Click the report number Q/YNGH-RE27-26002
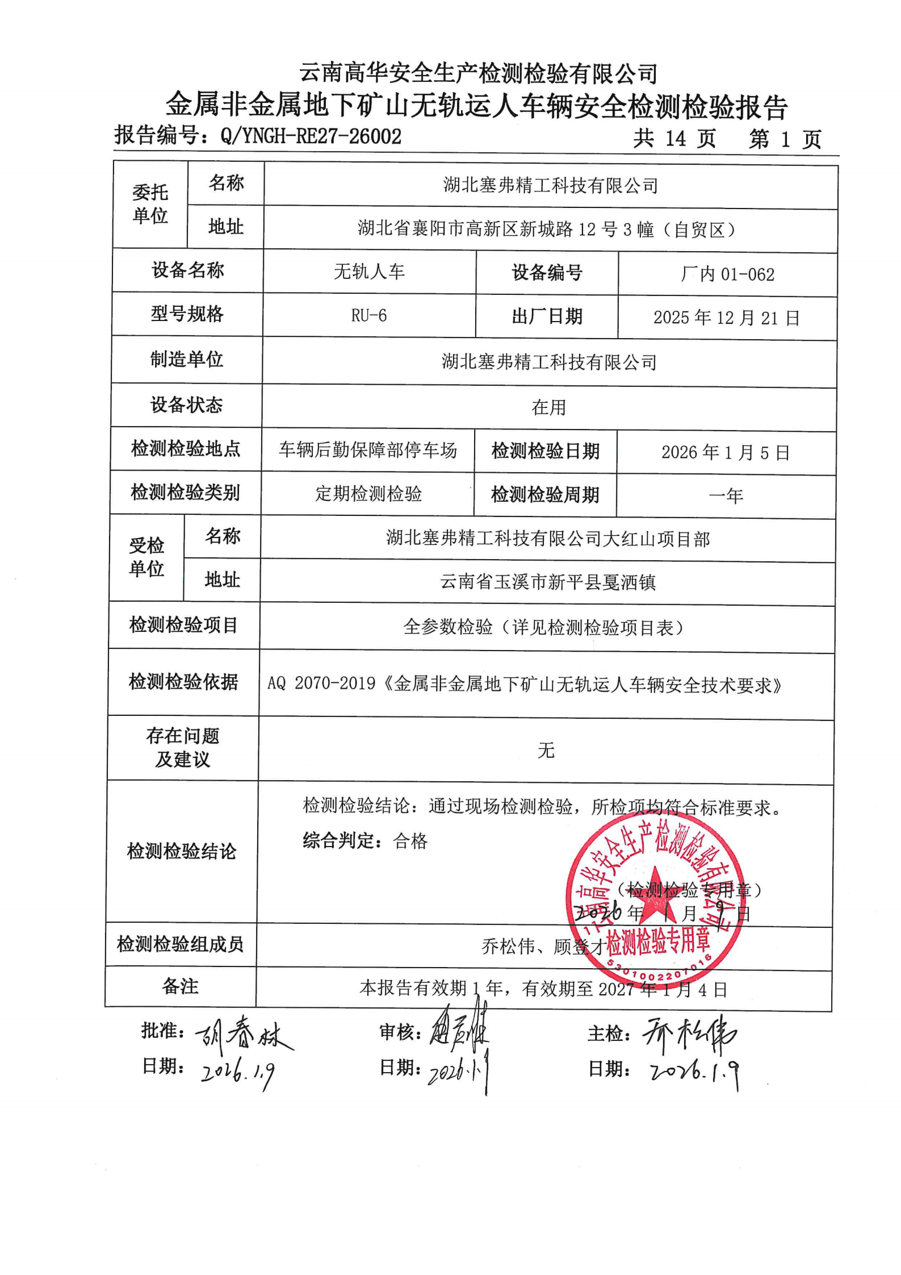tap(311, 136)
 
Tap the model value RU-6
tap(369, 315)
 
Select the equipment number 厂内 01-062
tap(727, 274)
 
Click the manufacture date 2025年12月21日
tap(726, 318)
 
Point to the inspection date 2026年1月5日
tap(725, 452)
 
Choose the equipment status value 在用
tap(548, 407)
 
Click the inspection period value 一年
tap(726, 496)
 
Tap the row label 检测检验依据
tap(183, 681)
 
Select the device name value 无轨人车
tap(369, 272)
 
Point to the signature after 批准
tap(244, 1035)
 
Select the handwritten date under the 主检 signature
tap(694, 1072)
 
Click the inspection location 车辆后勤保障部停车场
tap(368, 450)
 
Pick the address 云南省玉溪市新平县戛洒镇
tap(548, 582)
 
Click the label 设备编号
tap(547, 273)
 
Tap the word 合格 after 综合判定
tap(410, 841)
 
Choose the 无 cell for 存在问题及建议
tap(546, 751)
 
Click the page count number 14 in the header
tap(675, 138)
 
